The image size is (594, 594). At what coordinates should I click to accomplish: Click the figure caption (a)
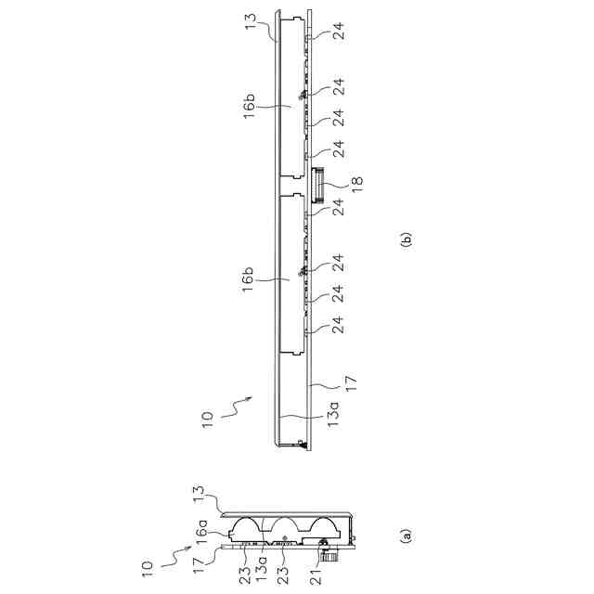404,536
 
